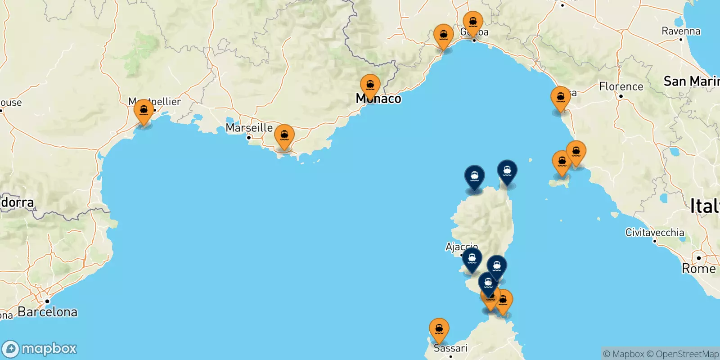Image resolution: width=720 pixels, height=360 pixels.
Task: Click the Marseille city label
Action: [x=249, y=128]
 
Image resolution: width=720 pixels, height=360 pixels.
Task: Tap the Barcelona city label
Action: [x=47, y=312]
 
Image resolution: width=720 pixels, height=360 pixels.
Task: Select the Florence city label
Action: [x=621, y=86]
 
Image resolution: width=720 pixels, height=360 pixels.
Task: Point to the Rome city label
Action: [x=698, y=269]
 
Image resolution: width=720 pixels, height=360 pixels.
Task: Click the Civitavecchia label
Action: [x=655, y=233]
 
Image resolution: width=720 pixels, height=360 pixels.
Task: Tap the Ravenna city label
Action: [x=681, y=31]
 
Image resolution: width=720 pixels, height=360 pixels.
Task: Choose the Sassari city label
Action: [x=450, y=348]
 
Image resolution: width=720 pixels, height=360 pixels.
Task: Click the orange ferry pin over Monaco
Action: [x=370, y=85]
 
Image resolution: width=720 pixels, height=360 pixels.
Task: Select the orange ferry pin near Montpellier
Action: [x=144, y=111]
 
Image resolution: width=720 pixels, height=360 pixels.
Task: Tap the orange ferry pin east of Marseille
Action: [x=284, y=136]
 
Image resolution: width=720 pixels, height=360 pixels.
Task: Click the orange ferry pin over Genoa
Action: [x=473, y=23]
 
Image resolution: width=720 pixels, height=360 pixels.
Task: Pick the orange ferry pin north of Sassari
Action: [x=439, y=330]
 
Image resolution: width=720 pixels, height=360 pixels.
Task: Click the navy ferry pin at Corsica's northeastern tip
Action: [x=507, y=171]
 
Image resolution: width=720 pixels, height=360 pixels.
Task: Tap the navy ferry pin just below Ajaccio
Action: [x=472, y=260]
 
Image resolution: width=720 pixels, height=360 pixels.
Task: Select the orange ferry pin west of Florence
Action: [x=561, y=98]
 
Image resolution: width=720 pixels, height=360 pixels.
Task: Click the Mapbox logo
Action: [x=40, y=349]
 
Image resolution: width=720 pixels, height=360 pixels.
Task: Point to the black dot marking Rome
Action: [x=699, y=258]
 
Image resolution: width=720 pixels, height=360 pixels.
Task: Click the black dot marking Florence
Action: [x=621, y=96]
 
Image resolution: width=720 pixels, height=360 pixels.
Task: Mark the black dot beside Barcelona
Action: [x=47, y=301]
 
